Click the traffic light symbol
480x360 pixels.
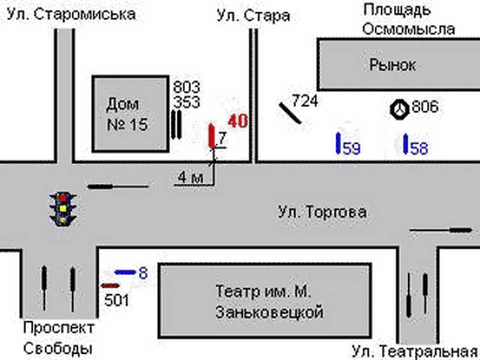coord(62,208)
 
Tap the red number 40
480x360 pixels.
coord(238,121)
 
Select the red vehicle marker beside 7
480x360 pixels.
coord(211,136)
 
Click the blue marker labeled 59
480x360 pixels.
coord(338,143)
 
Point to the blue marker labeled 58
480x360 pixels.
coord(406,143)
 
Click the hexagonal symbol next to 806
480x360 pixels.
coord(400,109)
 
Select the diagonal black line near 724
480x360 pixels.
coord(290,112)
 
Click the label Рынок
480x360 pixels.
coord(392,65)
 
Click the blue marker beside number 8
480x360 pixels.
coord(125,272)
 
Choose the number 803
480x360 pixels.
coord(187,86)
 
